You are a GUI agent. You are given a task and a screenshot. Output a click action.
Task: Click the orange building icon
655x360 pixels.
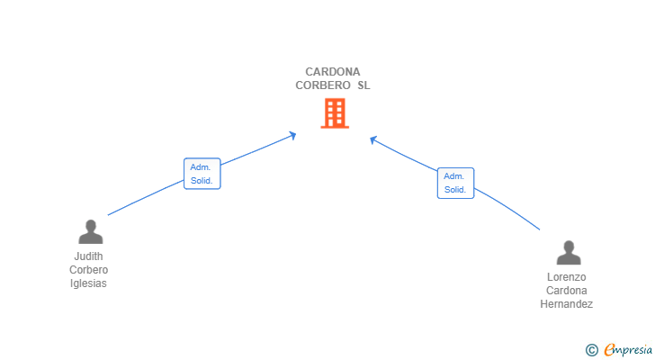334,113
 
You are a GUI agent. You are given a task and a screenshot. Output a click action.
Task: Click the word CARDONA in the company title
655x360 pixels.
333,72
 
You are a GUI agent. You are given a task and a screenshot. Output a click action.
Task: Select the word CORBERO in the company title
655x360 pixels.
321,86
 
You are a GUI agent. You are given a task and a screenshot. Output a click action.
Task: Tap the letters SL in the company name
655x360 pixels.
363,86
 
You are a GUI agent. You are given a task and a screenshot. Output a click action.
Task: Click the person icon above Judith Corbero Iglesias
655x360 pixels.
90,232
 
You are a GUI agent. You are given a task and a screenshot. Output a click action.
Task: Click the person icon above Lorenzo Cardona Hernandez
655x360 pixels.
568,253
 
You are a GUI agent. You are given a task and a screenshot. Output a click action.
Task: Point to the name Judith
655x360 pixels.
89,256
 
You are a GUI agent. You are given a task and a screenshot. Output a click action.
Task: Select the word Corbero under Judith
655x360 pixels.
89,270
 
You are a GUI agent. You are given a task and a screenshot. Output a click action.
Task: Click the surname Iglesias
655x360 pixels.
89,283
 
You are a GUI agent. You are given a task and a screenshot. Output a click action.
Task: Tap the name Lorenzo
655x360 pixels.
567,277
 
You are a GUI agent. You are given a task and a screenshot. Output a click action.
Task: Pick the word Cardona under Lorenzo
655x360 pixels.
567,291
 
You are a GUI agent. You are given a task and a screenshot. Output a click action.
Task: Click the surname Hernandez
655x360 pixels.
567,304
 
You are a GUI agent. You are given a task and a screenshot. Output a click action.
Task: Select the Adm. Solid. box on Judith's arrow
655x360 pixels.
202,174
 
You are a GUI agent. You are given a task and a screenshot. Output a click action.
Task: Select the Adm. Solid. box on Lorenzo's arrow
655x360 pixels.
455,183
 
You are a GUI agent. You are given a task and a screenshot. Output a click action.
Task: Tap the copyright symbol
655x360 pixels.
591,350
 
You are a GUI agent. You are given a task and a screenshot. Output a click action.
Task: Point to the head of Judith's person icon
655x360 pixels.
90,225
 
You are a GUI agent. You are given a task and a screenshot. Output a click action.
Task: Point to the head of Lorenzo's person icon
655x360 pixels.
568,246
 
